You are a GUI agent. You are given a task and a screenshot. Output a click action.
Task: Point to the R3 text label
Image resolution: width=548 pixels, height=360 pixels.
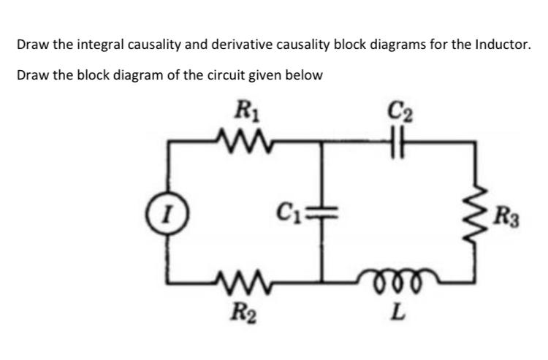[505, 216]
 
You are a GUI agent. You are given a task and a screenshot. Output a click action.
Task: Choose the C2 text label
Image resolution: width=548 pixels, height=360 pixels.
[404, 113]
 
